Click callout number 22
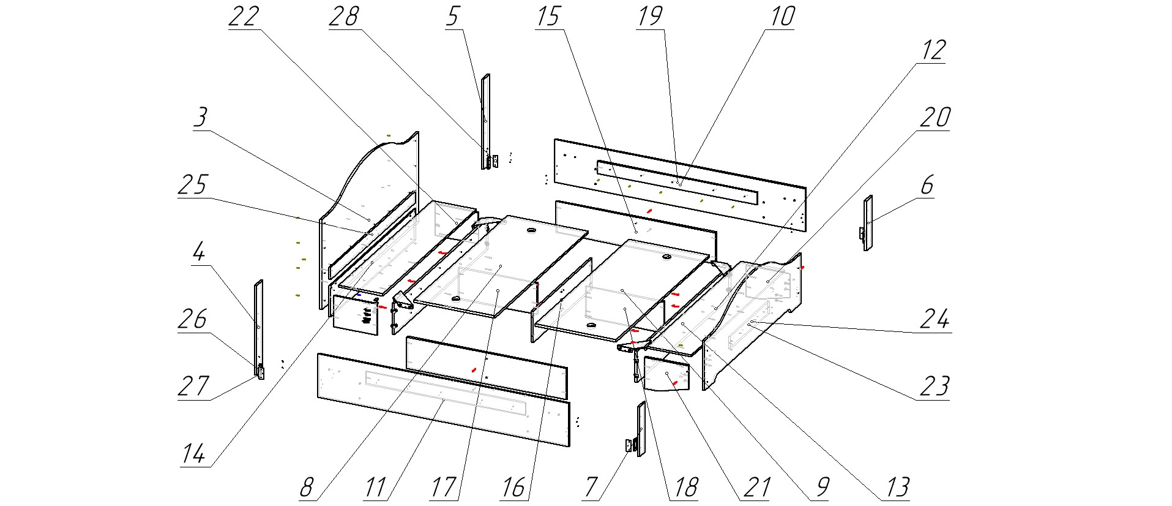coord(244,17)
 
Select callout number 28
coord(343,17)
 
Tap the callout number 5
coord(452,17)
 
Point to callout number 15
coord(548,17)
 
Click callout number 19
coord(649,17)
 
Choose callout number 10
coord(782,17)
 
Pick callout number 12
coord(933,50)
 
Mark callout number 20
coord(935,118)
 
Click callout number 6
coord(927,185)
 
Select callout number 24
coord(935,319)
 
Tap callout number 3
coord(201,117)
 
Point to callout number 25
coord(193,184)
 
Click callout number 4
coord(198,252)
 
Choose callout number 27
coord(193,387)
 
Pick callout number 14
coord(193,454)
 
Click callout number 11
coord(375,488)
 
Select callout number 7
coord(591,488)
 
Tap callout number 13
coord(897,488)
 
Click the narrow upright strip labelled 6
coord(868,223)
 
